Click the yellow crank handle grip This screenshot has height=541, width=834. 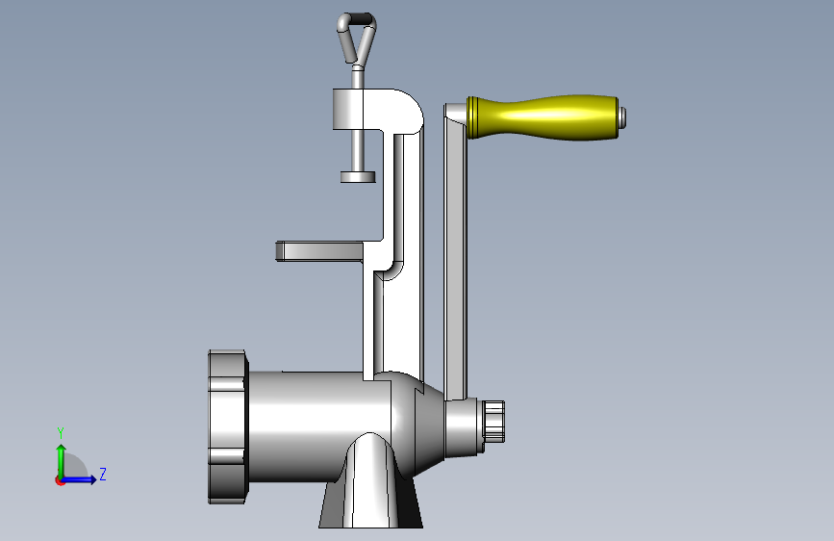click(543, 117)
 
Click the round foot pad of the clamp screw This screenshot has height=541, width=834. click(358, 177)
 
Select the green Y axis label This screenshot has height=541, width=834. click(61, 432)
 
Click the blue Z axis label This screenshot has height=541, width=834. click(103, 474)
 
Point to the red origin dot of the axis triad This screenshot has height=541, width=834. click(60, 480)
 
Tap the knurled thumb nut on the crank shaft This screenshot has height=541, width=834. click(494, 421)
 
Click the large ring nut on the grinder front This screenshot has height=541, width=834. click(228, 426)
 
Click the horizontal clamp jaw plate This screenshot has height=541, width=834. click(319, 251)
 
